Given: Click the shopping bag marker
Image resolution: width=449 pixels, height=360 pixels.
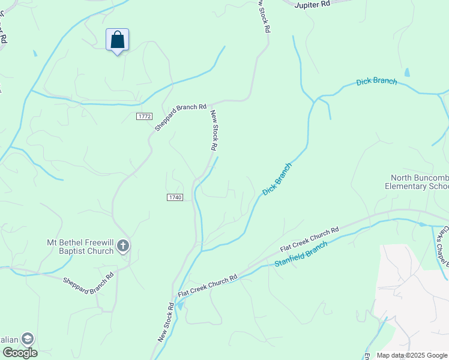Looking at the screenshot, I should tap(117, 40).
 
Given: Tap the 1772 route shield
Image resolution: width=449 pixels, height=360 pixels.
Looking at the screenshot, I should tap(143, 116).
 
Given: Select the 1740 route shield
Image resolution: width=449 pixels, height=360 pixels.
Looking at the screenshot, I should tap(174, 197).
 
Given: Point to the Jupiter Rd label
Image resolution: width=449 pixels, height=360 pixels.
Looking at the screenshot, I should tap(313, 4).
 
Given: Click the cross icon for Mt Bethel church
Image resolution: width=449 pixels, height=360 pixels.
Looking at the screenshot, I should tap(123, 245).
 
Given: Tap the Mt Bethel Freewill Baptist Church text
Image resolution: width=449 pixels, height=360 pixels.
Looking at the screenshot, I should tap(80, 247).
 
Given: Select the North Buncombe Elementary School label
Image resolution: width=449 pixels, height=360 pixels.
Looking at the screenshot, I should tap(419, 182).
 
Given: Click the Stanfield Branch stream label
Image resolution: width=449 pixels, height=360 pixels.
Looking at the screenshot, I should tap(301, 255).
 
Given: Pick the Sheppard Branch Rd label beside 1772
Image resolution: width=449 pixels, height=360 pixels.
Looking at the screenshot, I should tap(180, 116).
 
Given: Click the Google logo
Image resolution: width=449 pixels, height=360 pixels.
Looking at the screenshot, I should tap(20, 353).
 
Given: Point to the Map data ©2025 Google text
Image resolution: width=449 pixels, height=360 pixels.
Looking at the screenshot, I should tap(412, 355).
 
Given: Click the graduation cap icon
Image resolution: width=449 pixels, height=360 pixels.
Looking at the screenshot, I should tap(28, 339).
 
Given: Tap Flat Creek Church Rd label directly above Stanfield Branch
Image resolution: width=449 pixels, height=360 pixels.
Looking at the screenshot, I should tap(310, 239).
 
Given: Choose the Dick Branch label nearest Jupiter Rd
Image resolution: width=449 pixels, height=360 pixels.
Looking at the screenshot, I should tap(376, 82).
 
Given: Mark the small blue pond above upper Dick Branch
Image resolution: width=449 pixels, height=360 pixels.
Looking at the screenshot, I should tap(408, 73).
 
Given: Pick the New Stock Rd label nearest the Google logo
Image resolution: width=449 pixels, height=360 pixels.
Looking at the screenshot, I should tap(166, 322).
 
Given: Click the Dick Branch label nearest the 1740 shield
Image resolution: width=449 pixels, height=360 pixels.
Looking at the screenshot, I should tap(277, 179).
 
